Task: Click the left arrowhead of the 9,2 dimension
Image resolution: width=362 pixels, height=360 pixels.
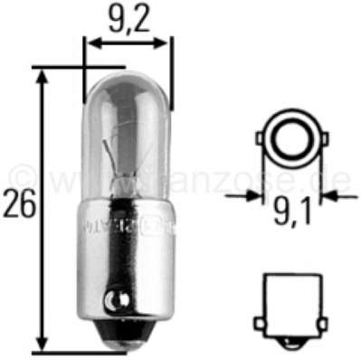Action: (x=90, y=42)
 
